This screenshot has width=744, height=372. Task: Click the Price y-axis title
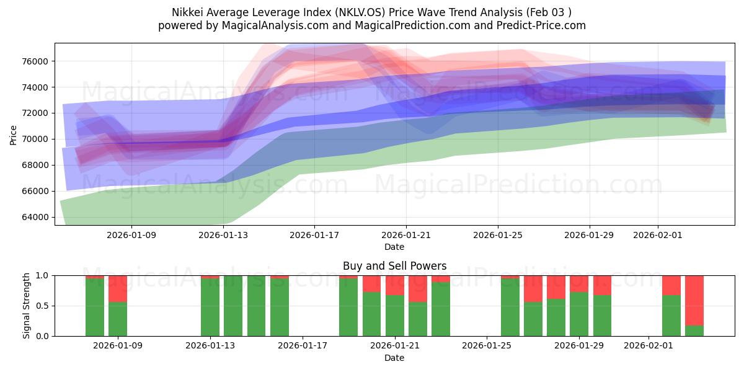[14, 134]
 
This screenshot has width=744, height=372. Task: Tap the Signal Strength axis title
[26, 306]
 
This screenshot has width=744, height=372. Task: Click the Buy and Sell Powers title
[394, 266]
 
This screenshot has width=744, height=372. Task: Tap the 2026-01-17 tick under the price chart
[314, 236]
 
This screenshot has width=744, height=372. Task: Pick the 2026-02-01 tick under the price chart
[658, 236]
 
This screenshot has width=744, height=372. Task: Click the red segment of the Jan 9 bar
[118, 288]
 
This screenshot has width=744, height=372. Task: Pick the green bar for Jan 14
[233, 306]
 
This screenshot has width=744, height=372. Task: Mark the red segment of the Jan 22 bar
[418, 288]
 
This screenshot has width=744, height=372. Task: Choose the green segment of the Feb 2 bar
[671, 316]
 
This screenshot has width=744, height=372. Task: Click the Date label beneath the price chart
[394, 247]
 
